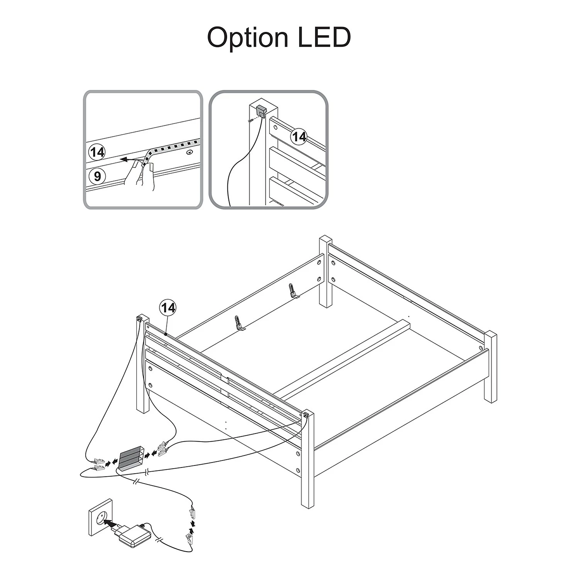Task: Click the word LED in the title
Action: (x=325, y=37)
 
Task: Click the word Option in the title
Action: (x=248, y=38)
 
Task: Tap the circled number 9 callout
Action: (x=97, y=176)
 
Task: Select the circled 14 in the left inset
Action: (x=97, y=152)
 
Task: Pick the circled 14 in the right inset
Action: (x=299, y=137)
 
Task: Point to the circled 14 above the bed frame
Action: (x=168, y=308)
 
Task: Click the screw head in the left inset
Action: (x=189, y=153)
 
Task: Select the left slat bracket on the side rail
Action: (x=239, y=323)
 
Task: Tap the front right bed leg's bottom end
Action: (x=308, y=505)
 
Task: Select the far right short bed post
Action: (x=491, y=366)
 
